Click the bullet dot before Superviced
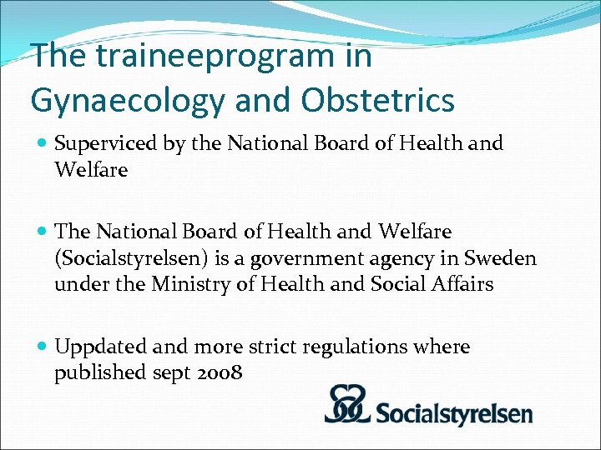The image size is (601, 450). [42, 143]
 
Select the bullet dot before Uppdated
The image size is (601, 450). [42, 347]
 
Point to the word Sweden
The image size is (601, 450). [500, 258]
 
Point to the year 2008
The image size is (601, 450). [220, 372]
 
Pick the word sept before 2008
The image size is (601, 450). [172, 373]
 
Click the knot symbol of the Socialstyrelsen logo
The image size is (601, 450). [350, 405]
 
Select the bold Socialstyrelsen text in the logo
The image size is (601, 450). [453, 412]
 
